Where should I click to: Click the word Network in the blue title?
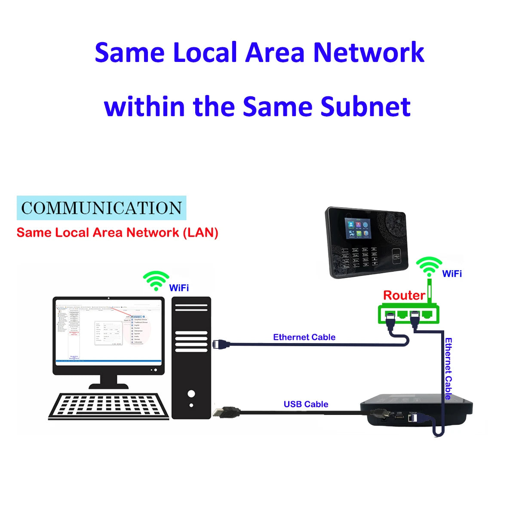click(x=369, y=52)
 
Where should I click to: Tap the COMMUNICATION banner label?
click(x=101, y=208)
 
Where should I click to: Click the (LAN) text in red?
click(x=201, y=233)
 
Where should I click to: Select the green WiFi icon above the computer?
click(x=156, y=281)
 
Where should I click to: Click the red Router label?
click(x=404, y=295)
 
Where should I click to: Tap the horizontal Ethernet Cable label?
click(x=304, y=337)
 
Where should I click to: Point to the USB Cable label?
click(x=306, y=404)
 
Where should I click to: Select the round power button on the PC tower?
click(x=191, y=393)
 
